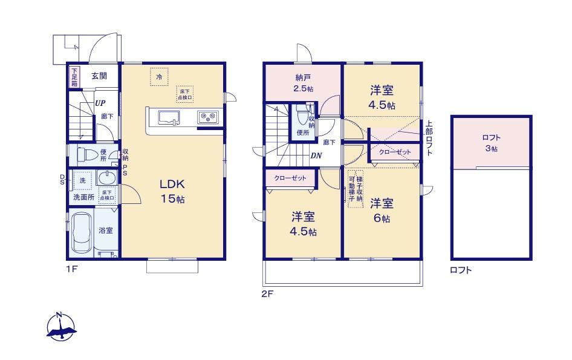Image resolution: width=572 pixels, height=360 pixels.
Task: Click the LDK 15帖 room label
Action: coord(172,191)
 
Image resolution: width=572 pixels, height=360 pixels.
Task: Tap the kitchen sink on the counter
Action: coord(169,117)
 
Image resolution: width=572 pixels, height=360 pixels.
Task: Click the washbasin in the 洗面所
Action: coord(106,179)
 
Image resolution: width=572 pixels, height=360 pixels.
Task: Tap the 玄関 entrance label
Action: coord(99,76)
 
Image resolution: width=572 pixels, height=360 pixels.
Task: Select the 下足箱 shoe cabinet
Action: coord(74,76)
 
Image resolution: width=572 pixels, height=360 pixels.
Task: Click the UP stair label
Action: coord(99,103)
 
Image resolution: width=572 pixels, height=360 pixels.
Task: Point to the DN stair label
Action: coord(315,155)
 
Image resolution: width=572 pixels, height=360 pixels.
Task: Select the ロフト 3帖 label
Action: coord(491,143)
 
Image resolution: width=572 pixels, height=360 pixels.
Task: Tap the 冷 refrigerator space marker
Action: coord(159,77)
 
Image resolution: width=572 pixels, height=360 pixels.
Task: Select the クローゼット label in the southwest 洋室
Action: coord(289,178)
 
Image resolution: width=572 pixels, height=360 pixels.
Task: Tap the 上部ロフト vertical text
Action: coord(429,139)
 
